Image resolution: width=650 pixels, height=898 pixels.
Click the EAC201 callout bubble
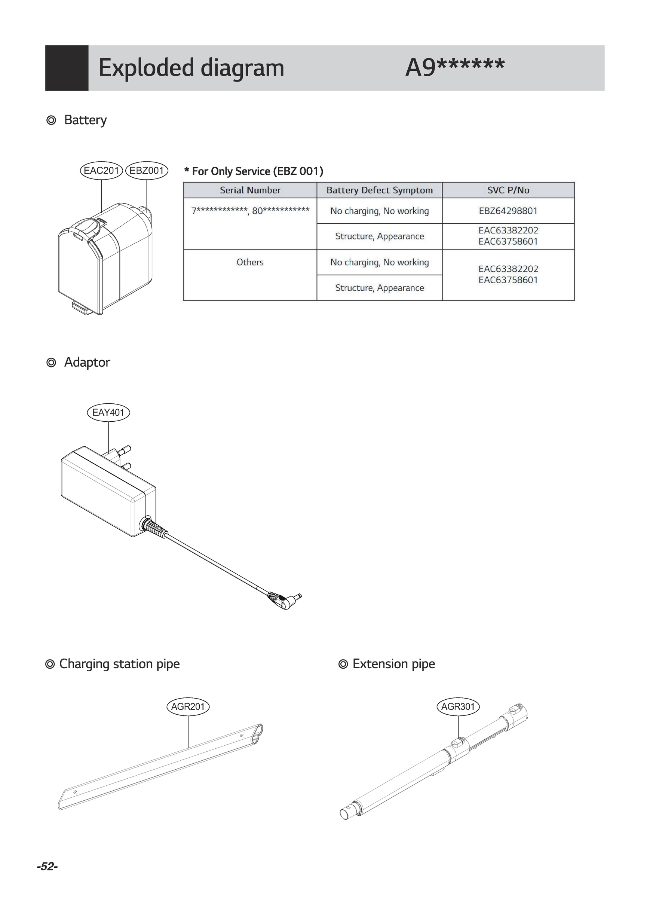click(101, 171)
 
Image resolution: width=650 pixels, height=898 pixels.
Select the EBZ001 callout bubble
click(147, 171)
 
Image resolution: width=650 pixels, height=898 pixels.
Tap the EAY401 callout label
click(108, 412)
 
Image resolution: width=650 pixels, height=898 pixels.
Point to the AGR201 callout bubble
click(188, 706)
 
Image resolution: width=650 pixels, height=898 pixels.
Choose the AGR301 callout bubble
click(458, 706)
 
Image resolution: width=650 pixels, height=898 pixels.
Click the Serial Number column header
click(250, 190)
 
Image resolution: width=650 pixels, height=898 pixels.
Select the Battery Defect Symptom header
click(379, 190)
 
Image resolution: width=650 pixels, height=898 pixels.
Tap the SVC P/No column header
click(508, 190)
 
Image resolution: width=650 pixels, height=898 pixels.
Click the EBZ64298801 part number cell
click(508, 211)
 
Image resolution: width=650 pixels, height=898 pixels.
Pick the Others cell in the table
click(250, 262)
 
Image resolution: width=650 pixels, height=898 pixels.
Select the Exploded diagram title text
click(191, 68)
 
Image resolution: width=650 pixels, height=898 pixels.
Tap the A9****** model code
click(455, 67)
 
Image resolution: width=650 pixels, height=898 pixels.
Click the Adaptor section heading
click(87, 362)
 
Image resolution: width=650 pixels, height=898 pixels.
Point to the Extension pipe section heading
click(393, 664)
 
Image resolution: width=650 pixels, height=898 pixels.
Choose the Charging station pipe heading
click(119, 664)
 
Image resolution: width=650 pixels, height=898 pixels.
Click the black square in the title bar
click(67, 68)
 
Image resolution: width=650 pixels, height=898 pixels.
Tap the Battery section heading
click(85, 120)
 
